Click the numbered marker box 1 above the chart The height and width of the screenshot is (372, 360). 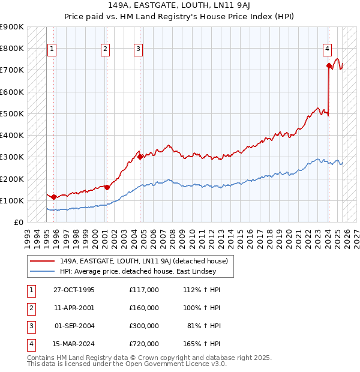point(52,49)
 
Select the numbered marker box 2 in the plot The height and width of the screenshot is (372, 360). point(106,49)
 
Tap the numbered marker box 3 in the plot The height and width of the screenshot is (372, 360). point(139,49)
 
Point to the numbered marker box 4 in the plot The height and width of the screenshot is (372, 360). point(328,49)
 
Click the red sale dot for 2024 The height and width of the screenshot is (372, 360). point(329,66)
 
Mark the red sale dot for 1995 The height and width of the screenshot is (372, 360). point(54,197)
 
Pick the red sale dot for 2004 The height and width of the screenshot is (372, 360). point(140,157)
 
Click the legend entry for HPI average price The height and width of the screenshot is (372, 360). point(137,272)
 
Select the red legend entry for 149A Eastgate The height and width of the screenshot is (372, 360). point(143,262)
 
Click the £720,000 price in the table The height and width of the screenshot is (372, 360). point(144,344)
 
